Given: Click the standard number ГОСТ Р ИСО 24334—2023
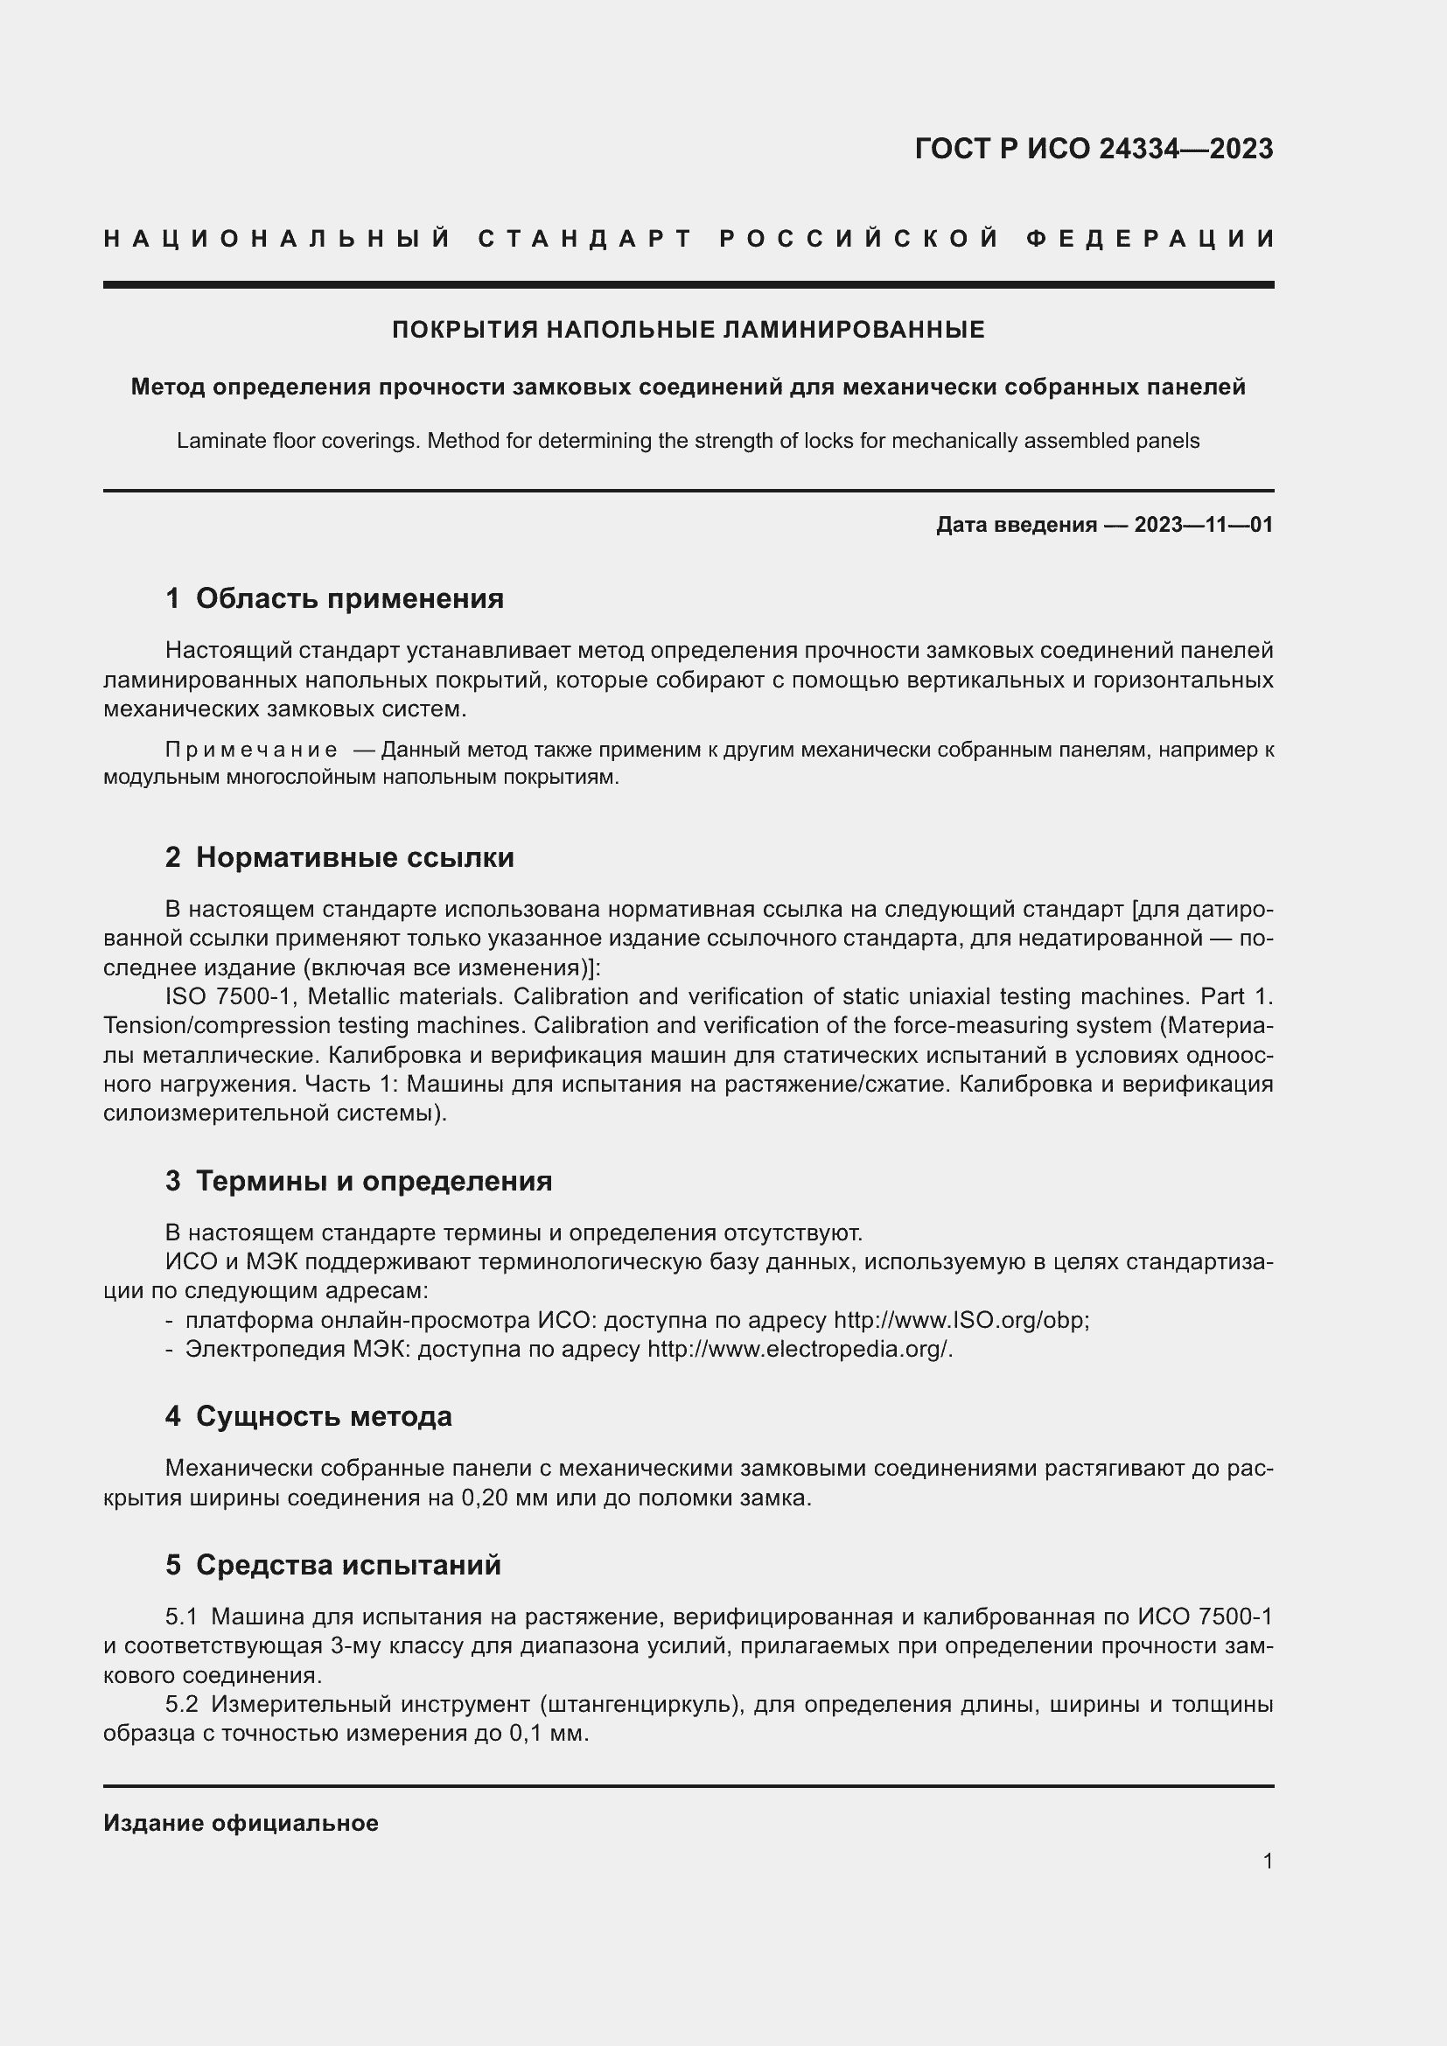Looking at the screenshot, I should (x=1094, y=149).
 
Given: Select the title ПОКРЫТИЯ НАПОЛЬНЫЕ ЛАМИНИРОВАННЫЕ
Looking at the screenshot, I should (x=688, y=330).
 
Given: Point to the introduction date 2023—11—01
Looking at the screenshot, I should (x=1203, y=525).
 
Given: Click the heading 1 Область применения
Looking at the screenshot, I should (x=334, y=598).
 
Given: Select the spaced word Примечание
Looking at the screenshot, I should (x=251, y=750).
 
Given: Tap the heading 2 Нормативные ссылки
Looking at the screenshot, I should (x=339, y=857).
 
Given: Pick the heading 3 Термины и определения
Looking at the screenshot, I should (x=358, y=1181).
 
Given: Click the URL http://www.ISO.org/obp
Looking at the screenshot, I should (x=960, y=1320).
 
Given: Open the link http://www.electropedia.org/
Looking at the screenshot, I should (x=799, y=1349).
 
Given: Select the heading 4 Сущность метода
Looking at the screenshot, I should (x=308, y=1416).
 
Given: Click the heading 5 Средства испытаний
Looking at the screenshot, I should (x=333, y=1565).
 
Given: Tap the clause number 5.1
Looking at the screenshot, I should (x=181, y=1617).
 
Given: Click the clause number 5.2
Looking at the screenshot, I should (x=182, y=1704).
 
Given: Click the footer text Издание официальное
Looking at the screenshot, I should (x=241, y=1823).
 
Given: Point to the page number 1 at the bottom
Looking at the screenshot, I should (x=1268, y=1861).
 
